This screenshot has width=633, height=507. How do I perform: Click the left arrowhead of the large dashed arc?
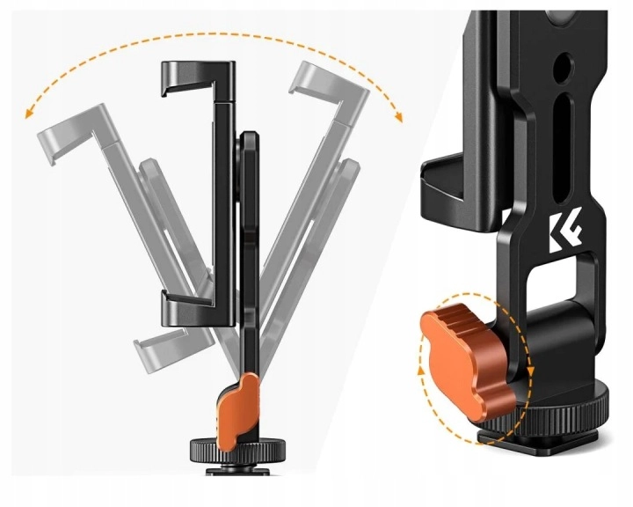coord(28,114)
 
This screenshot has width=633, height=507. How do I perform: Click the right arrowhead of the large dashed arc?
coord(399,117)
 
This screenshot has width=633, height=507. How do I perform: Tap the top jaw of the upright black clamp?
coord(198,77)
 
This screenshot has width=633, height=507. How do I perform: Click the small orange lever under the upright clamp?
coord(238,410)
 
